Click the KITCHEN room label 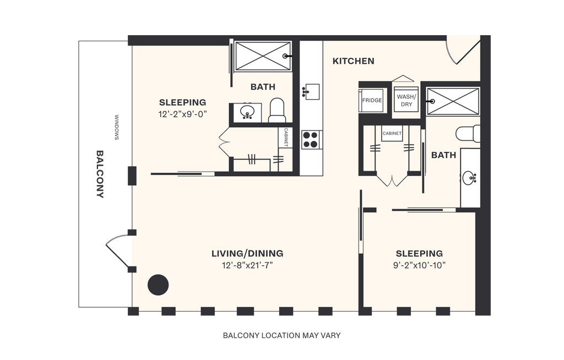pyautogui.click(x=353, y=61)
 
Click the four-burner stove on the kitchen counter pyautogui.click(x=311, y=139)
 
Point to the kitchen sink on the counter pyautogui.click(x=311, y=91)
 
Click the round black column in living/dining pyautogui.click(x=158, y=284)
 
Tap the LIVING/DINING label pyautogui.click(x=247, y=254)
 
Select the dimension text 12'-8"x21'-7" pyautogui.click(x=247, y=265)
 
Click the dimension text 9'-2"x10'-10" pyautogui.click(x=419, y=265)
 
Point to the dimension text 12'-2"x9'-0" pyautogui.click(x=182, y=114)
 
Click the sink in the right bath pyautogui.click(x=470, y=178)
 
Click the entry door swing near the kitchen pyautogui.click(x=460, y=50)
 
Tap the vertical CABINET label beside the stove pyautogui.click(x=286, y=138)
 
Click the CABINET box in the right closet pyautogui.click(x=392, y=133)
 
